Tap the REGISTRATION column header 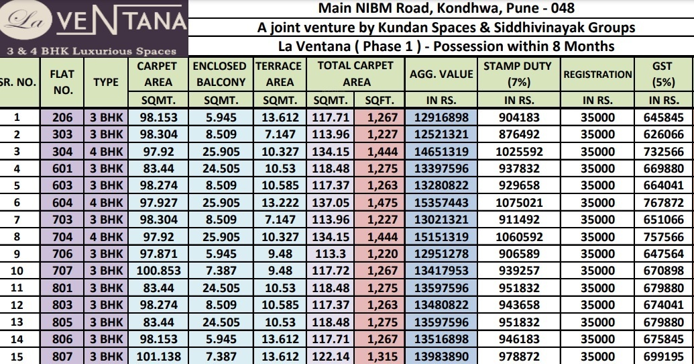coord(597,75)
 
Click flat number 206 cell coord(62,117)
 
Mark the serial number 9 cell coord(17,253)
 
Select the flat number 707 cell coord(62,270)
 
